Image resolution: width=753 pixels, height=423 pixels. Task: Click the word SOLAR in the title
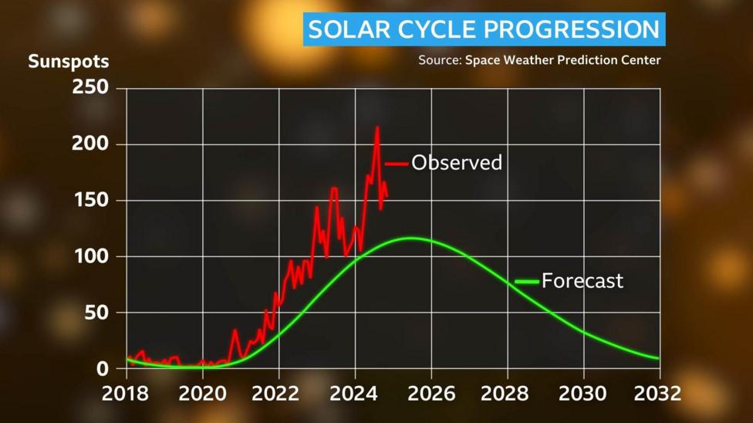344,29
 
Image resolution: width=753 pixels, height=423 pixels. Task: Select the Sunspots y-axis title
69,61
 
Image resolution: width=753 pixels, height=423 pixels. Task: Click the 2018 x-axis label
127,393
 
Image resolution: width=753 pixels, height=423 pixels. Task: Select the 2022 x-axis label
279,393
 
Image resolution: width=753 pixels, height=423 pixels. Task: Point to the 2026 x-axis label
431,393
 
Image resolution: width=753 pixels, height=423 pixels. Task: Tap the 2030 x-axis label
583,393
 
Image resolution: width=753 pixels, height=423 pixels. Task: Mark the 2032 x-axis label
657,393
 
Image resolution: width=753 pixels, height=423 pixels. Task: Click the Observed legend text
457,163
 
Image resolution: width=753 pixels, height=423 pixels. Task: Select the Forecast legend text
582,280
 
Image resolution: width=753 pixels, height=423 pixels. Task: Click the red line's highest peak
377,128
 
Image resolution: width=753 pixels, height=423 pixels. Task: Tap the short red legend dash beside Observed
397,164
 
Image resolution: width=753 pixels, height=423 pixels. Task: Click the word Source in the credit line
439,60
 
